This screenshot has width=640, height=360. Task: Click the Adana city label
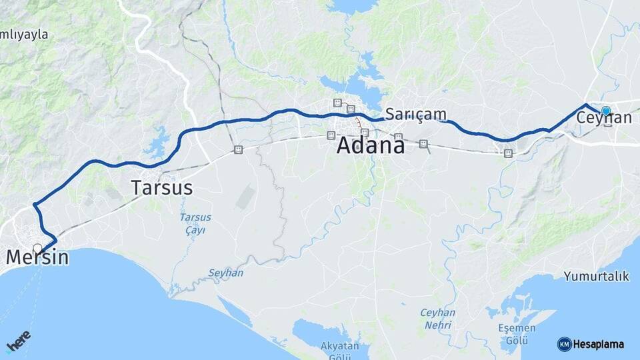pos(370,145)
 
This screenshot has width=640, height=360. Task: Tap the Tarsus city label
pos(162,188)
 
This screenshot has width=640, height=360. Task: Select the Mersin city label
pos(37,257)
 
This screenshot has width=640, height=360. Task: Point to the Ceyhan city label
pos(604,118)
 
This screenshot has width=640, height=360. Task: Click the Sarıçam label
pos(416,114)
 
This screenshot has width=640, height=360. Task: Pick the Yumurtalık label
pos(596,276)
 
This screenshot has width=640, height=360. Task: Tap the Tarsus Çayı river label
pos(195,223)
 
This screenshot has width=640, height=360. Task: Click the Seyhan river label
pos(225,273)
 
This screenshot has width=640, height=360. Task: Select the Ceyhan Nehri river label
pos(437,319)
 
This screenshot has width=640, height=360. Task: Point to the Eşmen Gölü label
pos(517,333)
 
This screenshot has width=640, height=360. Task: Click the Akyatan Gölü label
pos(340,349)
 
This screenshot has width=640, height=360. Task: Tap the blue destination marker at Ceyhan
pos(605,111)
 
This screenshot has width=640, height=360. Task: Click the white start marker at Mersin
pos(37,249)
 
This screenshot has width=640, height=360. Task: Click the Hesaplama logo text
pos(598,344)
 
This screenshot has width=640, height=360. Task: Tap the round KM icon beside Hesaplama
pos(564,344)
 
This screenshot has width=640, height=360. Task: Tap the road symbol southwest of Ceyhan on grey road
pos(508,153)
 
